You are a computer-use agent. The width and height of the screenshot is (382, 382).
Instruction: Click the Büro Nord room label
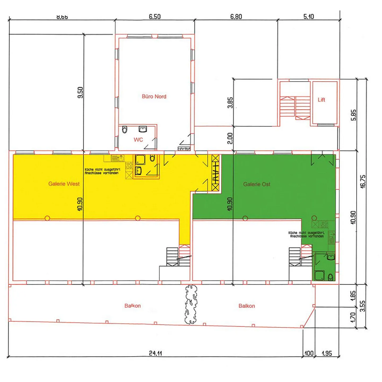click(154, 97)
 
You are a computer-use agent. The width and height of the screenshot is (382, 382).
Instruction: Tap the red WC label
click(138, 140)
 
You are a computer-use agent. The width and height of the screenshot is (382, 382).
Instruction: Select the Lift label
click(321, 100)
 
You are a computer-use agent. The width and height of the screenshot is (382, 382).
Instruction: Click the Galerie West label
click(64, 184)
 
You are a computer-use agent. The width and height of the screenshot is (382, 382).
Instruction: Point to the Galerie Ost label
click(257, 184)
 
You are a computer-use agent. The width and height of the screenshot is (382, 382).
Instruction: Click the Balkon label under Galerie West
click(133, 306)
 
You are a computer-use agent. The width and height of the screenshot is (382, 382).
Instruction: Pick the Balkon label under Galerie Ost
click(247, 306)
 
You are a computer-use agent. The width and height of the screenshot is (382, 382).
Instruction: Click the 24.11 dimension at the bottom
click(155, 353)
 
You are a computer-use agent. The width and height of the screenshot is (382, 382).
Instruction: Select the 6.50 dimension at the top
click(155, 17)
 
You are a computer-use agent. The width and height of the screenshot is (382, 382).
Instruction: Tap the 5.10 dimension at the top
click(309, 17)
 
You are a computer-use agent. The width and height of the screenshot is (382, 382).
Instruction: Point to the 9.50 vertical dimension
click(80, 93)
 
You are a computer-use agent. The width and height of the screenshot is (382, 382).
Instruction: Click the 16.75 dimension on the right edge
click(363, 181)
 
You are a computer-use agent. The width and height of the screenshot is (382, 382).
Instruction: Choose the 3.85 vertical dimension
click(230, 103)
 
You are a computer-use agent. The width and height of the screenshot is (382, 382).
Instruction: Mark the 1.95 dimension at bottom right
click(327, 353)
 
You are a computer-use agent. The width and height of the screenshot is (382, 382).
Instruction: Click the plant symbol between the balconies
click(191, 305)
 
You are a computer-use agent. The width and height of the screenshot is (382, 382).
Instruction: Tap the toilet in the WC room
click(124, 130)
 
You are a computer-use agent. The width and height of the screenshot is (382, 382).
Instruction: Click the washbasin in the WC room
click(143, 129)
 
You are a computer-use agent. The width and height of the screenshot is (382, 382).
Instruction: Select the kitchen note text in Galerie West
click(102, 171)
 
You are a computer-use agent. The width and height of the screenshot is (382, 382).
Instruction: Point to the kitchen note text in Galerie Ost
click(306, 234)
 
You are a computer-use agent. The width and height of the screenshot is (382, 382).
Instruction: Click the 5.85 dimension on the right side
click(353, 115)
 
